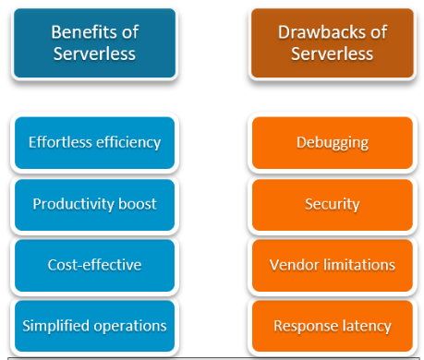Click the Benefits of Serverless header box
coord(94,43)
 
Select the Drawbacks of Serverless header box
coord(331,43)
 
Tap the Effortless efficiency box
coord(94,143)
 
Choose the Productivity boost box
coord(94,204)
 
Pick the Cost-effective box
coord(94,265)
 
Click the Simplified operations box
coord(94,325)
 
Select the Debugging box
coord(332,143)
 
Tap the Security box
coord(332,204)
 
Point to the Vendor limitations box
coord(332,265)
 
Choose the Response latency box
coord(332,325)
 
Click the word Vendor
coord(291,265)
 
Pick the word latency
coord(365,325)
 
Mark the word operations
coord(132,325)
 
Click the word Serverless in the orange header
coord(331,54)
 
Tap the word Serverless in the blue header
coord(94,54)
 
